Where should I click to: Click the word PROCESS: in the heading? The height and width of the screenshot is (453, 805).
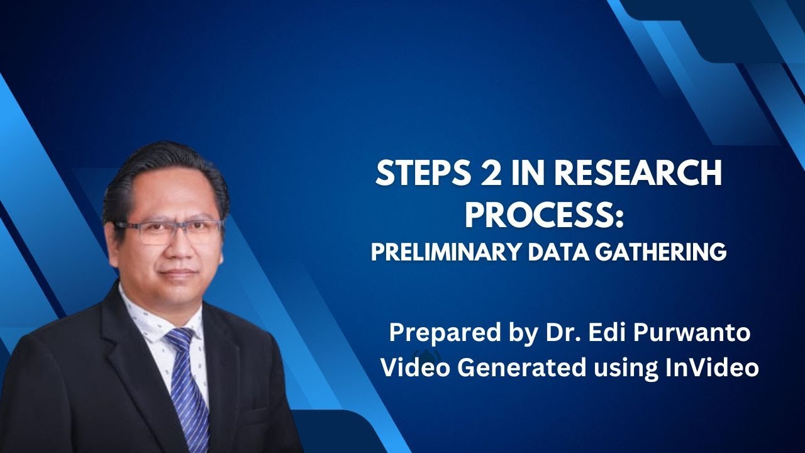point(544,215)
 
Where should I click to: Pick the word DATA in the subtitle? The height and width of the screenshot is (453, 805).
point(558,252)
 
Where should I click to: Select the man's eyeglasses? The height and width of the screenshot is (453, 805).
point(168,230)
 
